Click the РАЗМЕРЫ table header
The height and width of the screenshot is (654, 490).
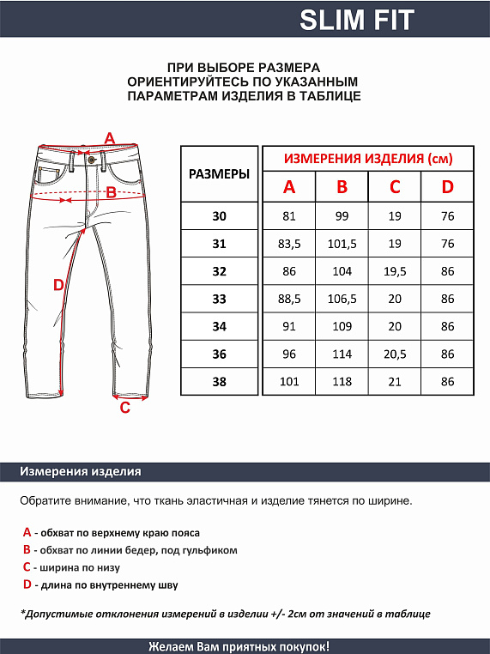point(219,173)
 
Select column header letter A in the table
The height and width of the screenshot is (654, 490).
point(289,187)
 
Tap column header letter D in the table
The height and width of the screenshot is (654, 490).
point(447,187)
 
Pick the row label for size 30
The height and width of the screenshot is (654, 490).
point(219,216)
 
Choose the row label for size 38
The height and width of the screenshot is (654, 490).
point(219,381)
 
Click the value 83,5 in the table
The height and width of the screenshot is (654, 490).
point(289,244)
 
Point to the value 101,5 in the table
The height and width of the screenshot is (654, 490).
point(342,244)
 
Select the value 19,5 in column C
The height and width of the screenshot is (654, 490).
point(395,271)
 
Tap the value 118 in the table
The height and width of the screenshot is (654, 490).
point(342,381)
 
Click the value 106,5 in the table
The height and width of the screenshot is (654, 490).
point(342,299)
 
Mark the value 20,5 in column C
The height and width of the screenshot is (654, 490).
point(395,354)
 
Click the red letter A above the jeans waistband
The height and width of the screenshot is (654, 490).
point(109,137)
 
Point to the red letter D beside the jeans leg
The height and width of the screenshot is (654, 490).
point(58,285)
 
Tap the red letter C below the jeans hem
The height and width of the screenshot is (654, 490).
point(124,408)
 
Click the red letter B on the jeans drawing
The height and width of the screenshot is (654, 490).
point(111,192)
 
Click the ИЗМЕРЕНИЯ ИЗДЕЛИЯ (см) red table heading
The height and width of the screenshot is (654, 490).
point(367,159)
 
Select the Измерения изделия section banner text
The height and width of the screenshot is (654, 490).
point(81,472)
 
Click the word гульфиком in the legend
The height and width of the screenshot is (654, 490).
point(209,550)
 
